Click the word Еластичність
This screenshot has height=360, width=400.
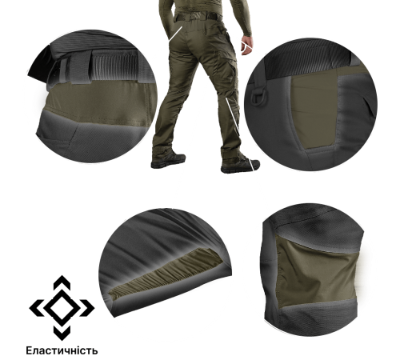pos(62,350)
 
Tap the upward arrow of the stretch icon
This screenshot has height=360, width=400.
pos(62,282)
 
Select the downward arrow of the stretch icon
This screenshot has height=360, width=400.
pos(62,334)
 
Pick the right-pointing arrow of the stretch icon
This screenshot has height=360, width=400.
pos(87,308)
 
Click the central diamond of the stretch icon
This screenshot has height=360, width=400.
pos(62,308)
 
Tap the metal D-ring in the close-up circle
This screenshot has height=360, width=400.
pos(257,96)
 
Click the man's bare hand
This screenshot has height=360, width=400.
pos(246,46)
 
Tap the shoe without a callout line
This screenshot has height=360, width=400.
pos(168,161)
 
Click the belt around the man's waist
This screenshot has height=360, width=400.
pos(198,16)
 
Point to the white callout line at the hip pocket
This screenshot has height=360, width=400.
pos(175,34)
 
